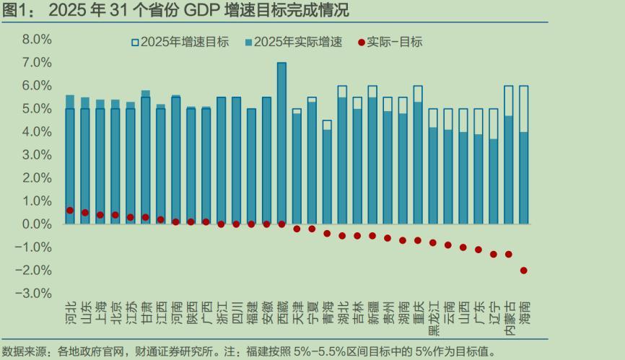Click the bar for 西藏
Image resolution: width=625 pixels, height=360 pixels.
pyautogui.click(x=281, y=144)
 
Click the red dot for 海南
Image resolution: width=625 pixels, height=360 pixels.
pyautogui.click(x=523, y=271)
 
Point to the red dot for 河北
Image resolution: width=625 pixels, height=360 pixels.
pyautogui.click(x=70, y=211)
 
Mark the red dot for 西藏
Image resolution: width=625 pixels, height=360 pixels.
pyautogui.click(x=281, y=224)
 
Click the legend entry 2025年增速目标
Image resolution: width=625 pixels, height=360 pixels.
pyautogui.click(x=180, y=42)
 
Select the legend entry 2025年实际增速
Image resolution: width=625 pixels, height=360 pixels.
pyautogui.click(x=296, y=42)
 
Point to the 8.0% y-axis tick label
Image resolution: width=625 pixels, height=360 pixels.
pyautogui.click(x=37, y=40)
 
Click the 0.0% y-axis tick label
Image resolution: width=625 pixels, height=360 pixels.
pyautogui.click(x=37, y=224)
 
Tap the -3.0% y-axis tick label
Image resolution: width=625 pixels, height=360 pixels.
pyautogui.click(x=34, y=294)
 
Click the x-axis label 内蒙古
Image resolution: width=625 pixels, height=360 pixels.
pyautogui.click(x=508, y=318)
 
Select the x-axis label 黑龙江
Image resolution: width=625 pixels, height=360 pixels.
pyautogui.click(x=433, y=318)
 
